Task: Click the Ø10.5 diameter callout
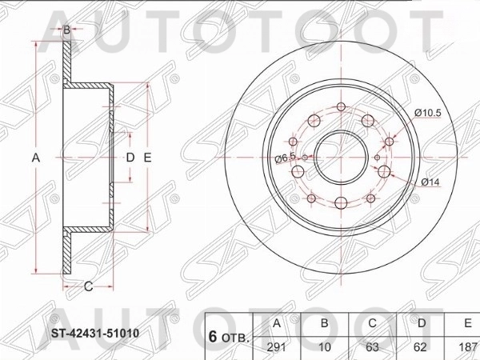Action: click(x=428, y=112)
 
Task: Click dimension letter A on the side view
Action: click(x=35, y=158)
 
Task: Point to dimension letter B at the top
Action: click(x=67, y=30)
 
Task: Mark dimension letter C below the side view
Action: click(x=88, y=286)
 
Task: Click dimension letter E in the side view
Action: click(x=147, y=158)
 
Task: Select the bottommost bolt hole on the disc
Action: click(x=342, y=203)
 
